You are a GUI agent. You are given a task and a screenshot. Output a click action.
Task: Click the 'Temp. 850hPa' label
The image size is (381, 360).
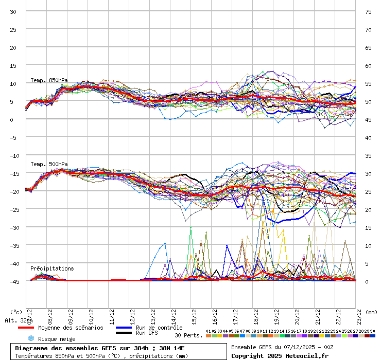(x=49, y=80)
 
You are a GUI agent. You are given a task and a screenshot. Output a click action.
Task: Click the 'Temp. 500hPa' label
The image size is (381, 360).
(x=49, y=164)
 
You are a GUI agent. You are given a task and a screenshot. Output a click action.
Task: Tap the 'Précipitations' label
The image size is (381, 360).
(x=52, y=268)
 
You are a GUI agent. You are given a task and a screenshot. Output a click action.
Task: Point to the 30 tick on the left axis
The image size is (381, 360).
(x=13, y=11)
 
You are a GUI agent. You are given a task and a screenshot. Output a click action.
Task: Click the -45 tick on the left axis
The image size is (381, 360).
(x=13, y=281)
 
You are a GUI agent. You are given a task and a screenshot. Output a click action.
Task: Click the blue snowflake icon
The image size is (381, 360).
(x=31, y=338)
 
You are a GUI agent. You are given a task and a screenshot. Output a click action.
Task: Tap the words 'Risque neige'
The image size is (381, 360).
(x=57, y=339)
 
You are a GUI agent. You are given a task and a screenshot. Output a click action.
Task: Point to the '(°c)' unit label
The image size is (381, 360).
(x=16, y=312)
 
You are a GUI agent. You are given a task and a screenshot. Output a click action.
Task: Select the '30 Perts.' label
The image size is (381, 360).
(x=188, y=335)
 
